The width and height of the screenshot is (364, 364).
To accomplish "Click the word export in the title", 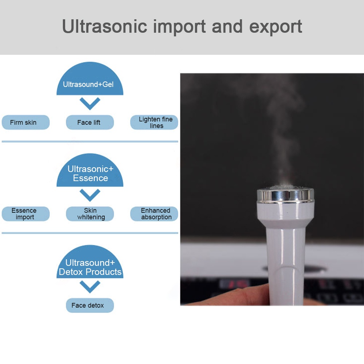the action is pos(276,27).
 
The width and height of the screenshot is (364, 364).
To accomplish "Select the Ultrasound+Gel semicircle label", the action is pos(90,82).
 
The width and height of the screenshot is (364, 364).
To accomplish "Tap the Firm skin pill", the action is pos(25,122).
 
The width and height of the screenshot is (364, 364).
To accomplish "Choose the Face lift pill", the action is pos(89,122).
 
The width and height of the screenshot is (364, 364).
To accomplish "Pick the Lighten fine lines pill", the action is pos(154,122).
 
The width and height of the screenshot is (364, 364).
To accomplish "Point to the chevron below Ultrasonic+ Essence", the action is pos(90,195).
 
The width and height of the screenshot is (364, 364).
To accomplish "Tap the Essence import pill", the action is pos(25,214).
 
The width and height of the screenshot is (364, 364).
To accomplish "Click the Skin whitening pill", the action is pos(89,214).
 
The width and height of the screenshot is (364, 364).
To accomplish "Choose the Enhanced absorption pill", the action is pos(154,214).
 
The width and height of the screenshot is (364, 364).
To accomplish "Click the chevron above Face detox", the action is pos(90,287).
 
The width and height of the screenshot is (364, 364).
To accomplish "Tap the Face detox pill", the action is pos(89,305).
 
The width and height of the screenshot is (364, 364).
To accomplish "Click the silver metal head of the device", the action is pos(285,195).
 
